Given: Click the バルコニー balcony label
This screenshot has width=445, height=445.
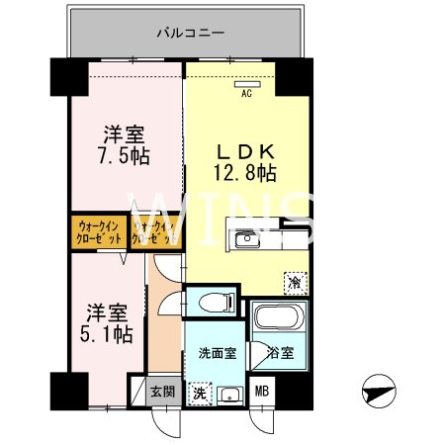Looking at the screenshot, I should pos(190,33).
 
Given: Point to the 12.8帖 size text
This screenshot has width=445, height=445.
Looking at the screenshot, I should pos(245,173).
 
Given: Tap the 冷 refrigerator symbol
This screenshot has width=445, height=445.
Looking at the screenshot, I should pos(294,281).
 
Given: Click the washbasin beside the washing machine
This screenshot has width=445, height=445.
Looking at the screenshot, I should pos(231,393).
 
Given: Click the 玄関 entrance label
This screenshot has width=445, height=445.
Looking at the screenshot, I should pos(162,392).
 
